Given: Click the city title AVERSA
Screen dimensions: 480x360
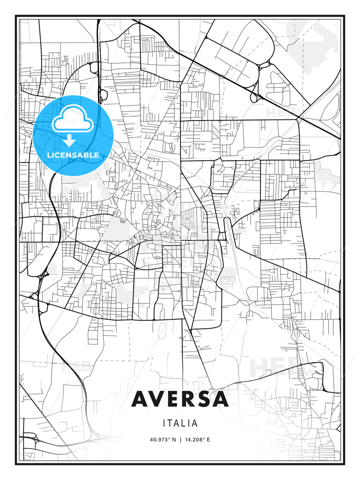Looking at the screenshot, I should pos(180,399).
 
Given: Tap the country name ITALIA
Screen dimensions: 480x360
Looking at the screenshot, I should pos(180,423).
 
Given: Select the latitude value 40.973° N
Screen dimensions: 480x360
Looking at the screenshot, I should pos(163,439).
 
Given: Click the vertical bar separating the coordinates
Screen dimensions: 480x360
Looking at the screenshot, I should pos(180,439).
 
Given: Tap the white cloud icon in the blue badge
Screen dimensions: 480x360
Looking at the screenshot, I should pos(72,119).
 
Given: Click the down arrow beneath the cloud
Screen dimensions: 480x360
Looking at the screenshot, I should pos(70,141).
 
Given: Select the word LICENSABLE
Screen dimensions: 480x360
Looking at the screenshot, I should pos(73,155).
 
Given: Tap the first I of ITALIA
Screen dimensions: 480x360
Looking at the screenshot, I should pos(164,423).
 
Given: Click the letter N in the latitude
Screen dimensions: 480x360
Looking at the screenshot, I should pos(174,439).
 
